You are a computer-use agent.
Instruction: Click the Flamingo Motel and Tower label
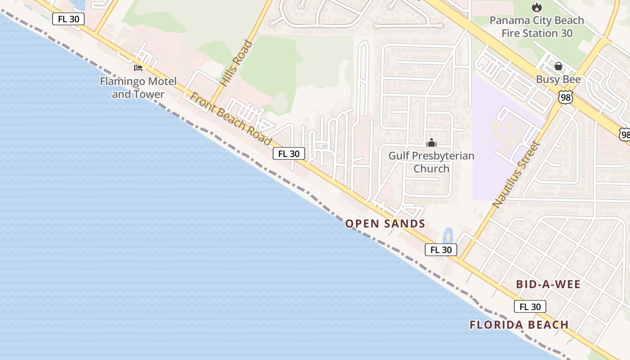coord(138,88)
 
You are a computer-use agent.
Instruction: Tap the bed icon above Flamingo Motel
coord(138,68)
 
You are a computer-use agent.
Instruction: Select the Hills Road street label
coord(237,63)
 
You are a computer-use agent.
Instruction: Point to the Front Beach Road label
coord(231,119)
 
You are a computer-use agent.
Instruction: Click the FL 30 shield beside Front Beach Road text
coord(289,154)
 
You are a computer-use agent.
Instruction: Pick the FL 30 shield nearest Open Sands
coord(441,250)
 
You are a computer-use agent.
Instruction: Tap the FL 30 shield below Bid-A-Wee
coord(530,307)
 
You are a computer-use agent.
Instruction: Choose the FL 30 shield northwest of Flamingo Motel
coord(68,19)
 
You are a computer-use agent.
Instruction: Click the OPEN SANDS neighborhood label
coord(385,224)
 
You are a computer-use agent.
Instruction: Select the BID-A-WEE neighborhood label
coord(548,284)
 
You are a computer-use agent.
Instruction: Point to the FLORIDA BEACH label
coord(519,325)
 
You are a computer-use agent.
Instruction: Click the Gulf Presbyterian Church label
coord(431,162)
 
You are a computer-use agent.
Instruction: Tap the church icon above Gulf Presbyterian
coord(431,143)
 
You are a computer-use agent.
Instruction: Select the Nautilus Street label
coord(516,174)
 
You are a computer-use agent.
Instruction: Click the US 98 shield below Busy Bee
coord(565,97)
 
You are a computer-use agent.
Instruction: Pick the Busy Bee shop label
coord(558,80)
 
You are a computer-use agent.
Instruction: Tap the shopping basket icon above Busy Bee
coord(558,67)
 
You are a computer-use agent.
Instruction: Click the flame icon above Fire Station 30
coord(536,8)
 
